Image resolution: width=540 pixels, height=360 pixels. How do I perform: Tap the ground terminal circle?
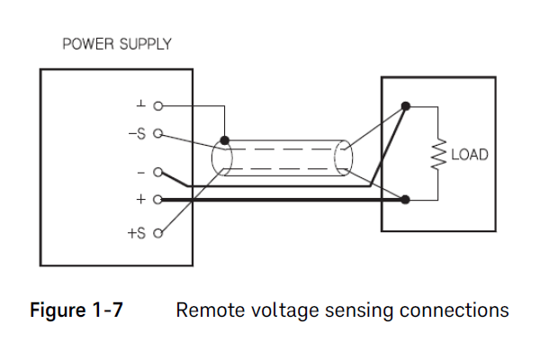(x=158, y=105)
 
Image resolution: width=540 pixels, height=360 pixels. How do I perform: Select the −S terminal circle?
(x=158, y=136)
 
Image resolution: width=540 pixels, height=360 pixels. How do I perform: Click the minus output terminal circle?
(x=158, y=172)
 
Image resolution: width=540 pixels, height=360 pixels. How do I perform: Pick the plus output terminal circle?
(x=158, y=199)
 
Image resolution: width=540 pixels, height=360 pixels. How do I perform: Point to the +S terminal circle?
(x=158, y=233)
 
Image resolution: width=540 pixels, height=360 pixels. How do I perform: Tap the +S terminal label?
(x=137, y=233)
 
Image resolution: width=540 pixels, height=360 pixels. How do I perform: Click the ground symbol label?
(x=140, y=104)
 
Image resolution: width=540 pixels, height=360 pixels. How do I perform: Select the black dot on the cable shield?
(x=224, y=140)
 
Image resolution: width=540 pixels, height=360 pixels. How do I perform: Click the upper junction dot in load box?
(x=406, y=106)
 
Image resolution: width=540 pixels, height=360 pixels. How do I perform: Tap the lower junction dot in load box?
(x=406, y=199)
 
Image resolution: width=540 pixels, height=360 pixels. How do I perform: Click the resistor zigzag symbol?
(x=439, y=154)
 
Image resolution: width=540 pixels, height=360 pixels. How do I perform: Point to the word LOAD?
(x=469, y=155)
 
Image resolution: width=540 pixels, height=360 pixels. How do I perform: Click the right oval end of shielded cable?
(x=342, y=160)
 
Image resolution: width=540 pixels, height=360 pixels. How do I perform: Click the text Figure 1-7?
(x=77, y=311)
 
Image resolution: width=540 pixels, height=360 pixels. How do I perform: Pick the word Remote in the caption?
(x=206, y=311)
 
